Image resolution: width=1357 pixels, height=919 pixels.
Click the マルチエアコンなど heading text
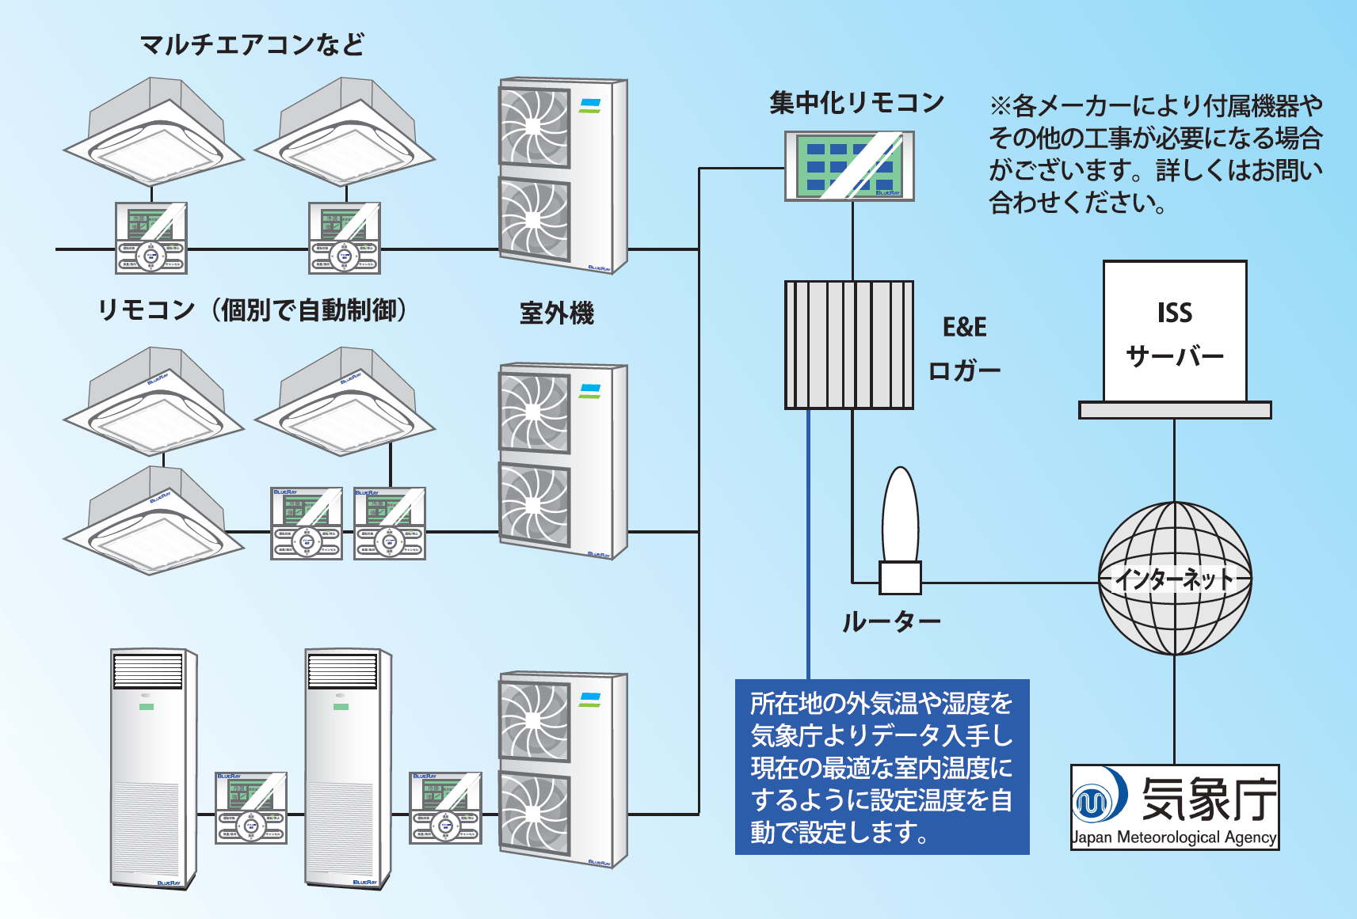click(252, 45)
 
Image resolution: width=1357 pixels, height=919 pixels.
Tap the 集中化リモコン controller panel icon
click(849, 166)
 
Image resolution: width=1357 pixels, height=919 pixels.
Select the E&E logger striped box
click(848, 345)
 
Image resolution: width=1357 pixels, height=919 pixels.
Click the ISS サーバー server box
click(1175, 333)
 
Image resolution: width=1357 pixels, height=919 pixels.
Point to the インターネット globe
click(1175, 579)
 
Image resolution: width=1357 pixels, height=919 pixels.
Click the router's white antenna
click(901, 514)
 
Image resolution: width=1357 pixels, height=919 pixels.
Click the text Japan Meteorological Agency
click(1174, 837)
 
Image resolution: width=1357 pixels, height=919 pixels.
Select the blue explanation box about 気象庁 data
click(882, 767)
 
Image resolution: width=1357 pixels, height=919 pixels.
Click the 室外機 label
click(556, 313)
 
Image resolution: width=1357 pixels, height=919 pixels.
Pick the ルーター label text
click(890, 622)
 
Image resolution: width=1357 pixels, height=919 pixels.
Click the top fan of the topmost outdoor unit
click(534, 127)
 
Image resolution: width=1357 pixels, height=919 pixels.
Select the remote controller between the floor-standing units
click(251, 808)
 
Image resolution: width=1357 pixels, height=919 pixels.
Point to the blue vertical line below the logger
click(808, 546)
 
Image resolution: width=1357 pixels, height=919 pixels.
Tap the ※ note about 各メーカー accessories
click(1155, 154)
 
